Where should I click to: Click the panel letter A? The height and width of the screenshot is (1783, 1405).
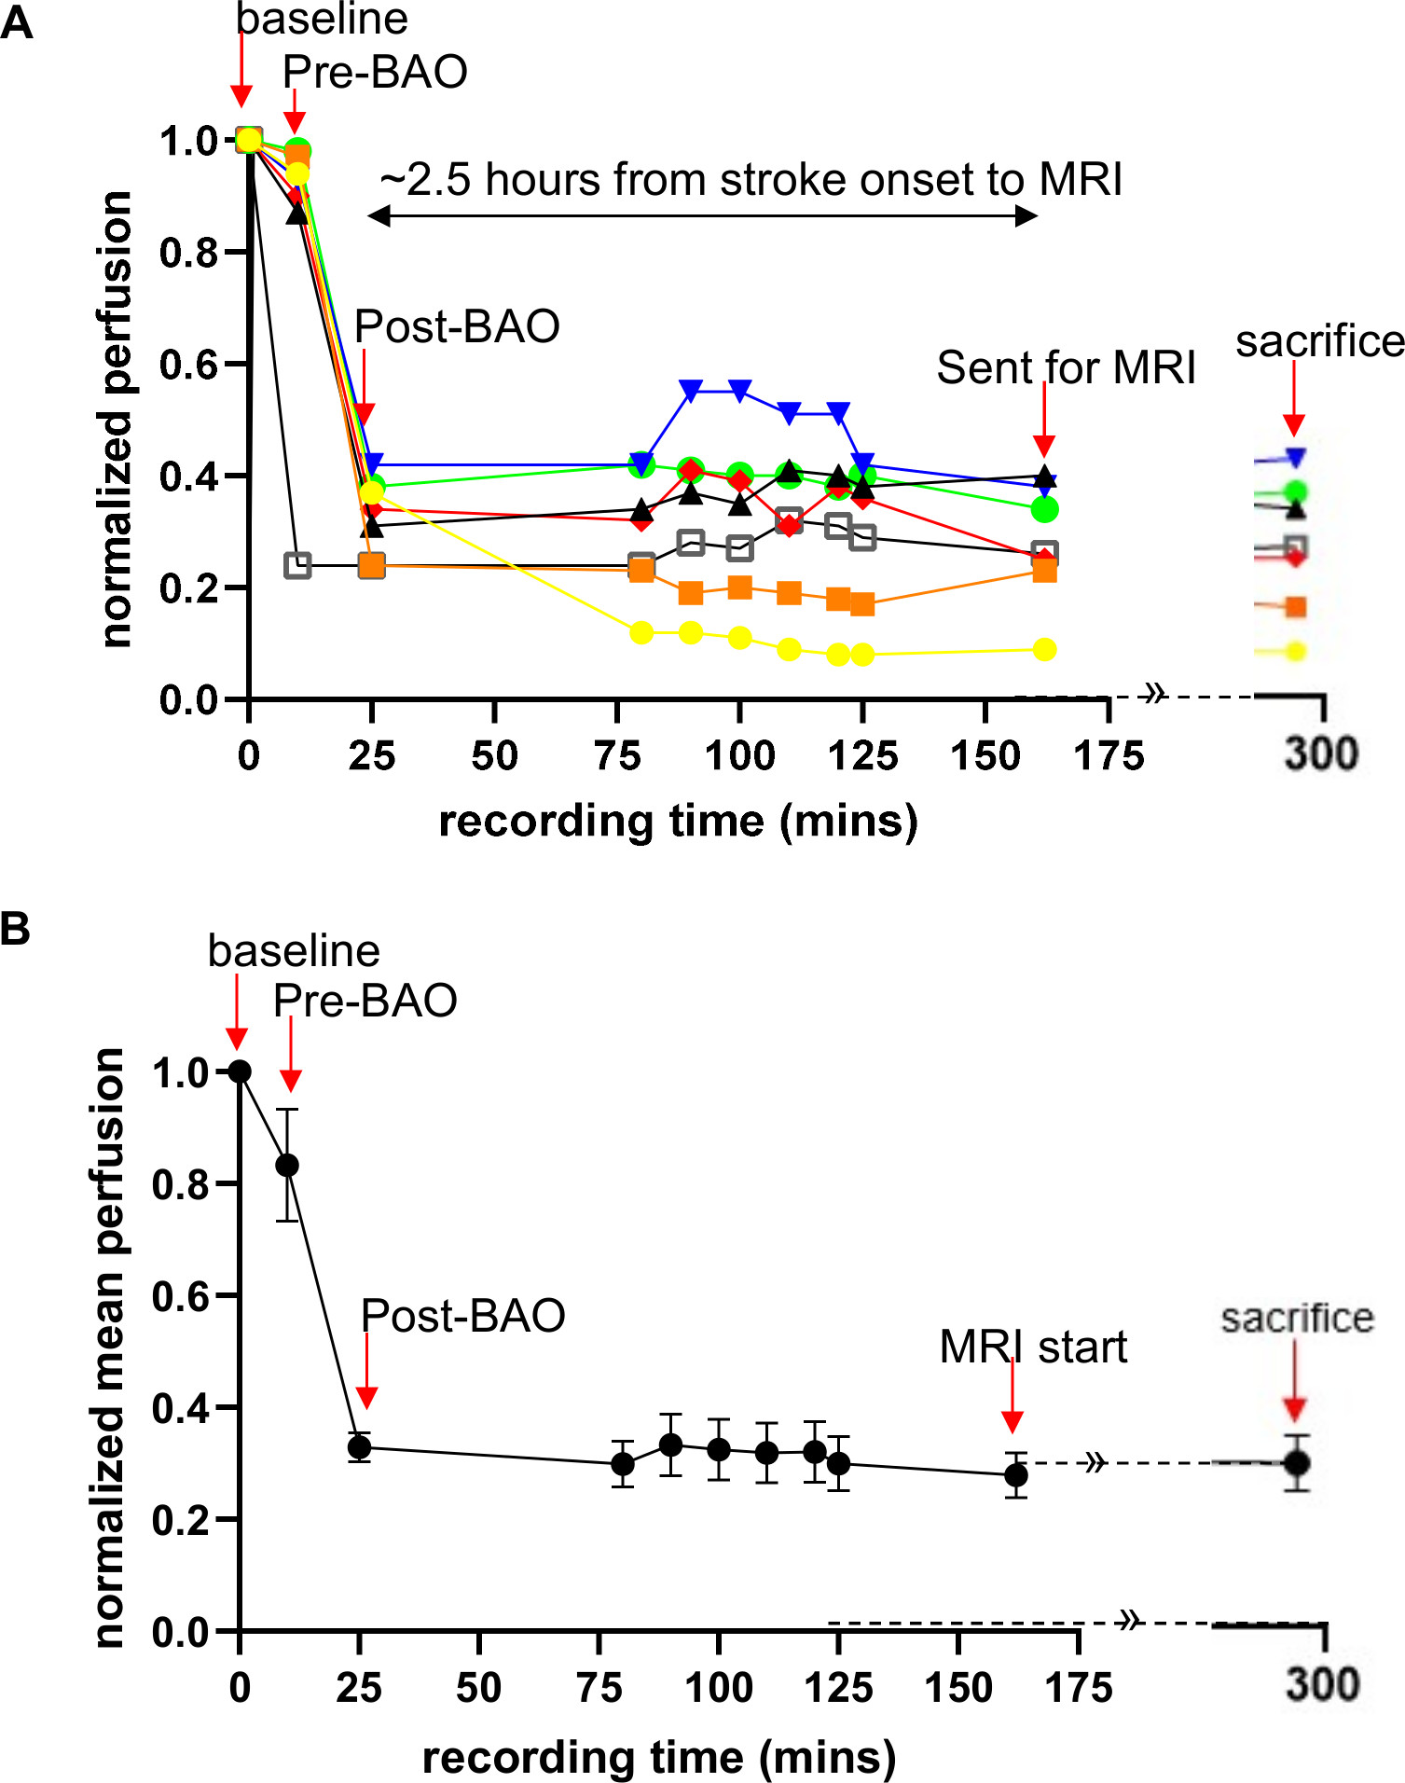pos(17,22)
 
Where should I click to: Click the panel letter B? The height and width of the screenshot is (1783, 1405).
pos(16,929)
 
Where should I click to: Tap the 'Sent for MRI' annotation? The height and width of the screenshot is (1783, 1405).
pos(1066,367)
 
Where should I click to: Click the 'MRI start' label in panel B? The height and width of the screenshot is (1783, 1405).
pos(1033,1347)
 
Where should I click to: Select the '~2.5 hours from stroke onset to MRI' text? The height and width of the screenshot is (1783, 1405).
pos(751,179)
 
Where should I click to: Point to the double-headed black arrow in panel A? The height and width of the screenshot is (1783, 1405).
pos(702,216)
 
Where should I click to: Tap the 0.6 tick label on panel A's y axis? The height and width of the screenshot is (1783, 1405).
pos(188,364)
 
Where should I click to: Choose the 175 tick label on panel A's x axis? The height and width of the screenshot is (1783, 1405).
pos(1109,755)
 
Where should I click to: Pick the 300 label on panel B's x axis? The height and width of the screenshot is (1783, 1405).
pos(1322,1685)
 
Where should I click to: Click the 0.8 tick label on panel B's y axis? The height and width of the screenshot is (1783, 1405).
pos(181,1184)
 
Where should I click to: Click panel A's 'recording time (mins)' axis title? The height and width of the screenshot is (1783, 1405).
pos(678,822)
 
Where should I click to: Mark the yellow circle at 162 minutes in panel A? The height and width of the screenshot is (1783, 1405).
pos(1045,649)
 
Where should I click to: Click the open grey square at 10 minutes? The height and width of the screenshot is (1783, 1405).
pos(297,565)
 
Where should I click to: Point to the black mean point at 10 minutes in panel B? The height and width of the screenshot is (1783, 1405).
pos(287,1165)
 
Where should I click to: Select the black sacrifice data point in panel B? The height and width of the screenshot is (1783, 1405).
pos(1297,1462)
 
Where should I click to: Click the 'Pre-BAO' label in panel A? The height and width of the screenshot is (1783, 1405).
pos(375,72)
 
